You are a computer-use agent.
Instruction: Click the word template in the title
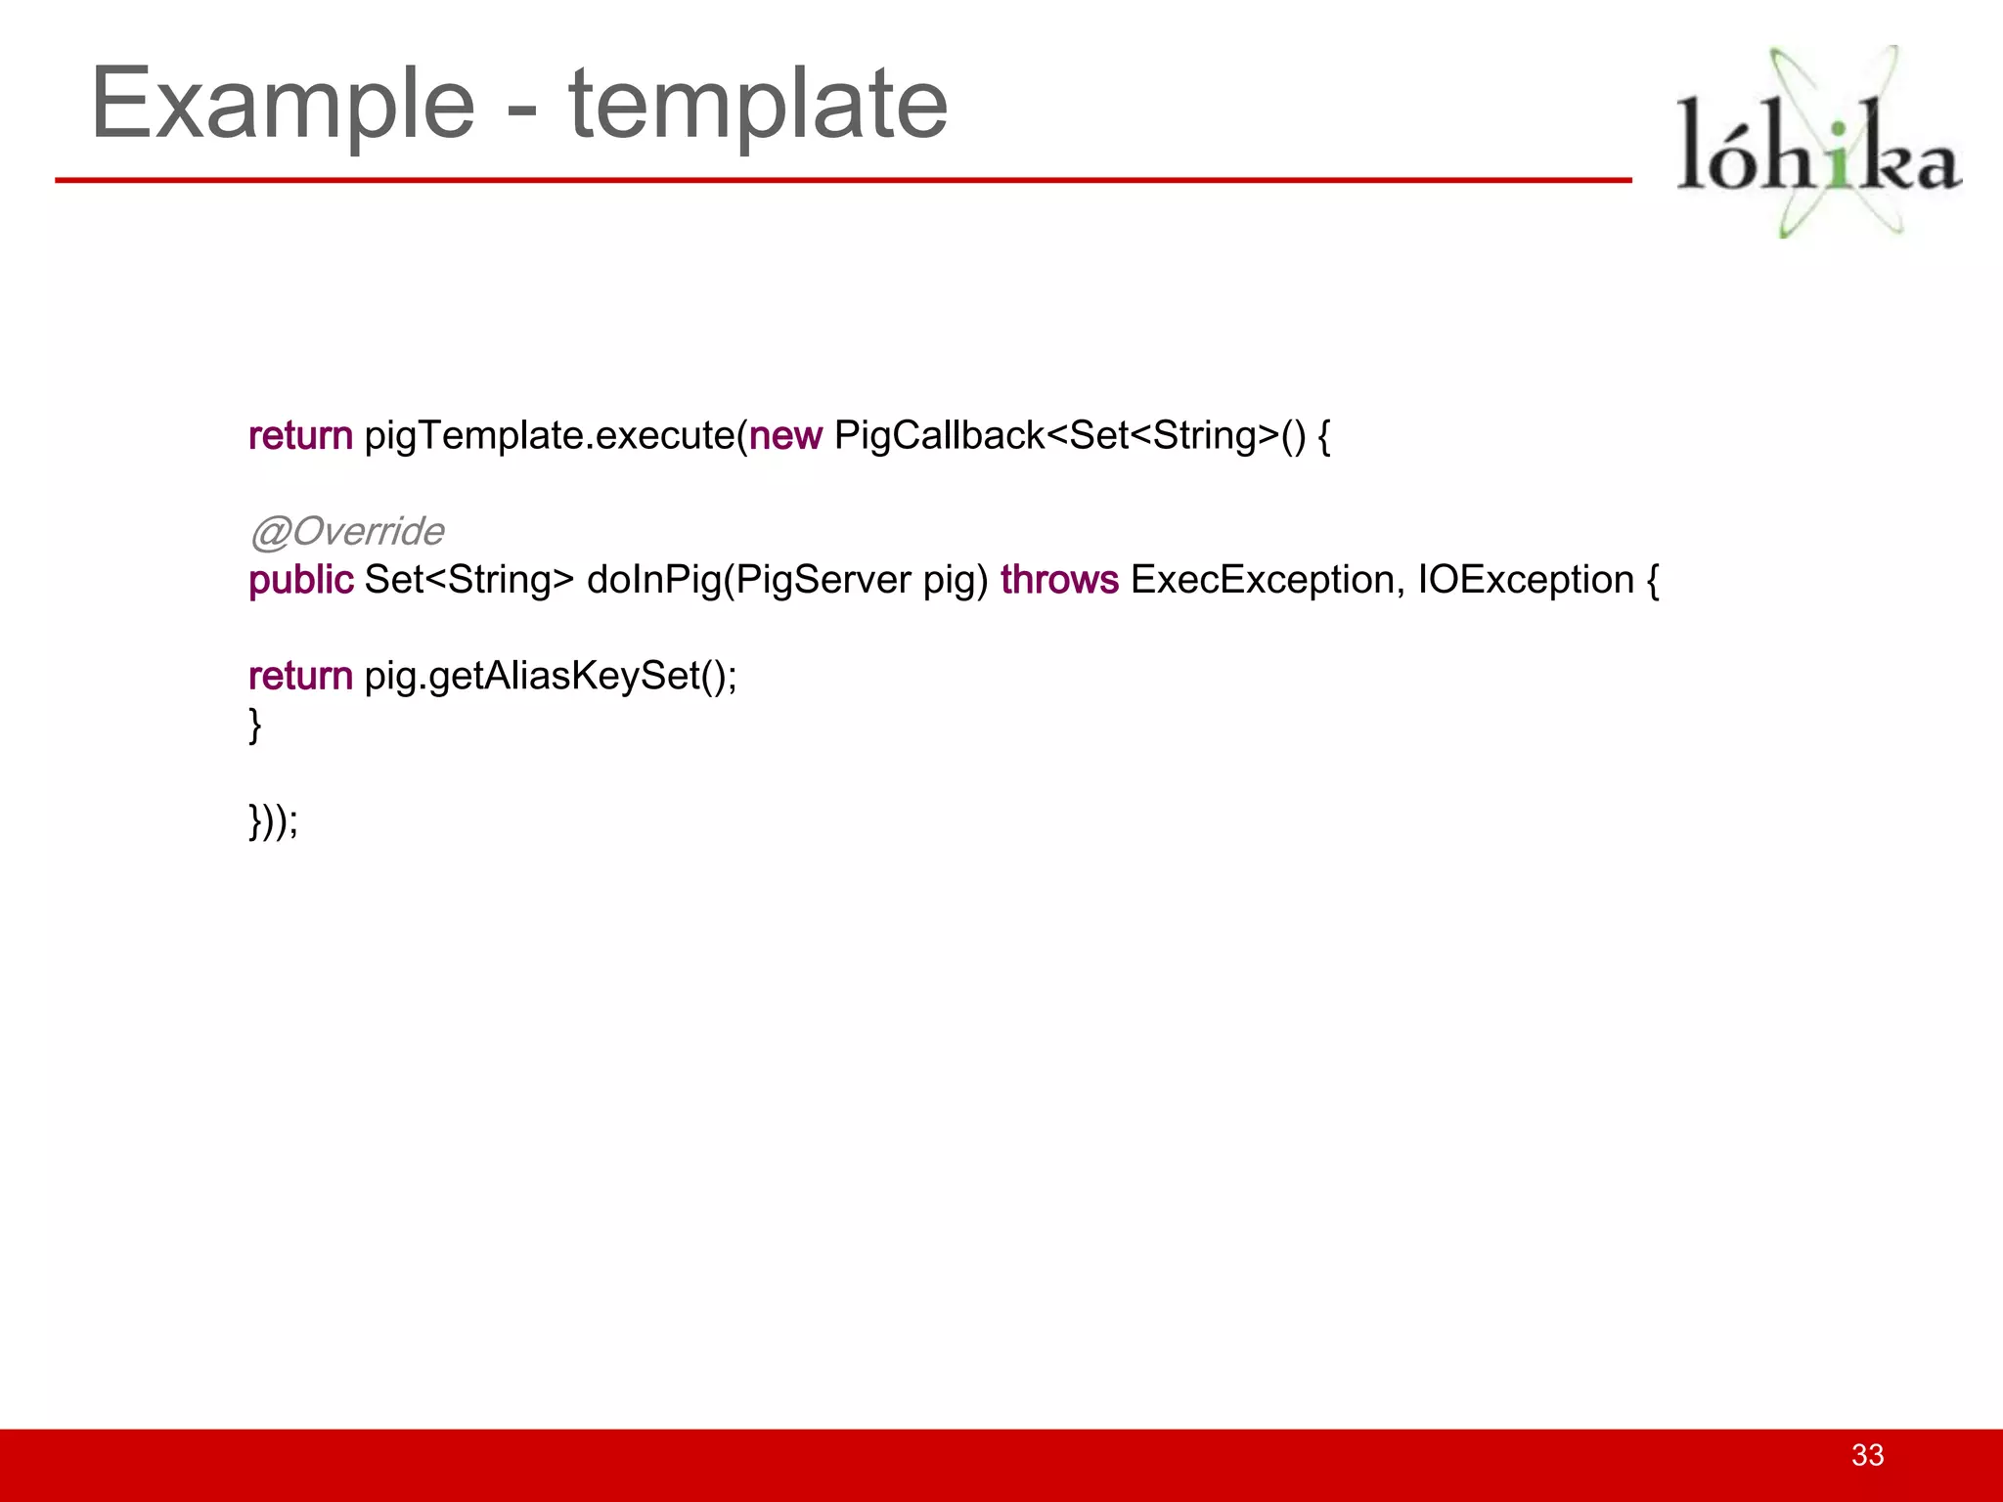point(758,104)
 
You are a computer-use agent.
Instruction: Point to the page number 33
point(1867,1455)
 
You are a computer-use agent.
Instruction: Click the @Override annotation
point(346,531)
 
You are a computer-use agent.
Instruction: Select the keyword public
point(300,580)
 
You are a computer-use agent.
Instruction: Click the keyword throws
point(1059,580)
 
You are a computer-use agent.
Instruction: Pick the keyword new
point(785,435)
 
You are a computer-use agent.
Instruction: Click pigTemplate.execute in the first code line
point(550,435)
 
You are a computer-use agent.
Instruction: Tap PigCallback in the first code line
point(939,435)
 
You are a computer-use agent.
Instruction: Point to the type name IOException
point(1526,580)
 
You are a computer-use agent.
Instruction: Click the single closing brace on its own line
point(255,725)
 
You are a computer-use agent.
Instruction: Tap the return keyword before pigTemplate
point(300,435)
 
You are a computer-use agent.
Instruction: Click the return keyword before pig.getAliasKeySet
point(300,676)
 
